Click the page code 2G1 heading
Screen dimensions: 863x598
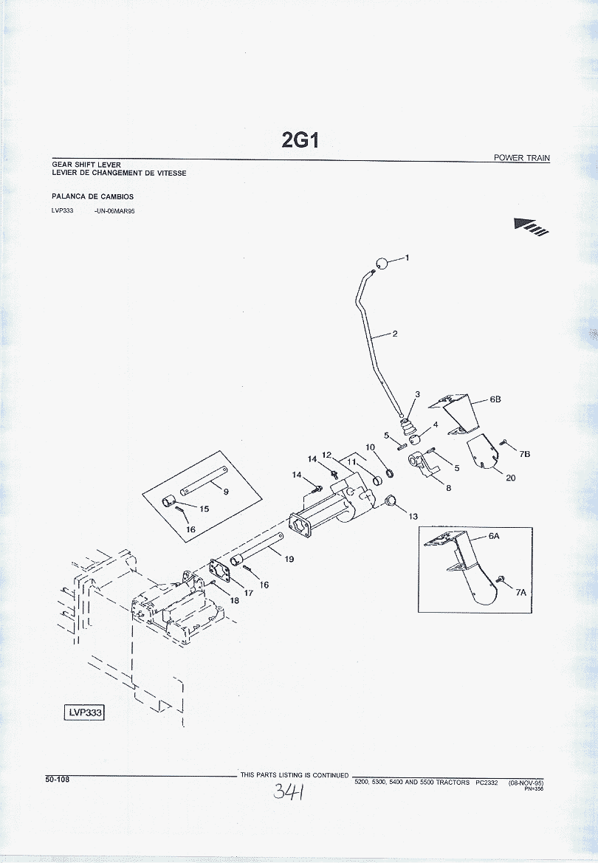[300, 140]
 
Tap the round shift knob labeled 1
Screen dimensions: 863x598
[381, 264]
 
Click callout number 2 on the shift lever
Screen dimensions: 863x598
[395, 334]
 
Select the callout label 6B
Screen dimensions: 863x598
[495, 399]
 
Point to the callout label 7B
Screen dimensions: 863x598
[525, 454]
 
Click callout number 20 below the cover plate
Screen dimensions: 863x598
[510, 478]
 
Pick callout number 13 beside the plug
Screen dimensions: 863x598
[413, 516]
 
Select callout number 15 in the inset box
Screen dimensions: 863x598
[205, 509]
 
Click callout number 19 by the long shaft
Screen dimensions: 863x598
[289, 559]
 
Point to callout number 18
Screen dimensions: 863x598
[235, 600]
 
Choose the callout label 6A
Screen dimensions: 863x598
[494, 537]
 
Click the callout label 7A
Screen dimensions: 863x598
[521, 592]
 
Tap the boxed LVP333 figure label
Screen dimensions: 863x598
[85, 712]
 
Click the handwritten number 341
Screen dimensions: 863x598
[290, 792]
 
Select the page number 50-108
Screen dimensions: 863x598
[57, 778]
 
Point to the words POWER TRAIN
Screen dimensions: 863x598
[522, 158]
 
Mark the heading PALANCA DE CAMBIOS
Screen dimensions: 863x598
[92, 197]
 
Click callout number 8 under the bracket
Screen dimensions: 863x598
[448, 487]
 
